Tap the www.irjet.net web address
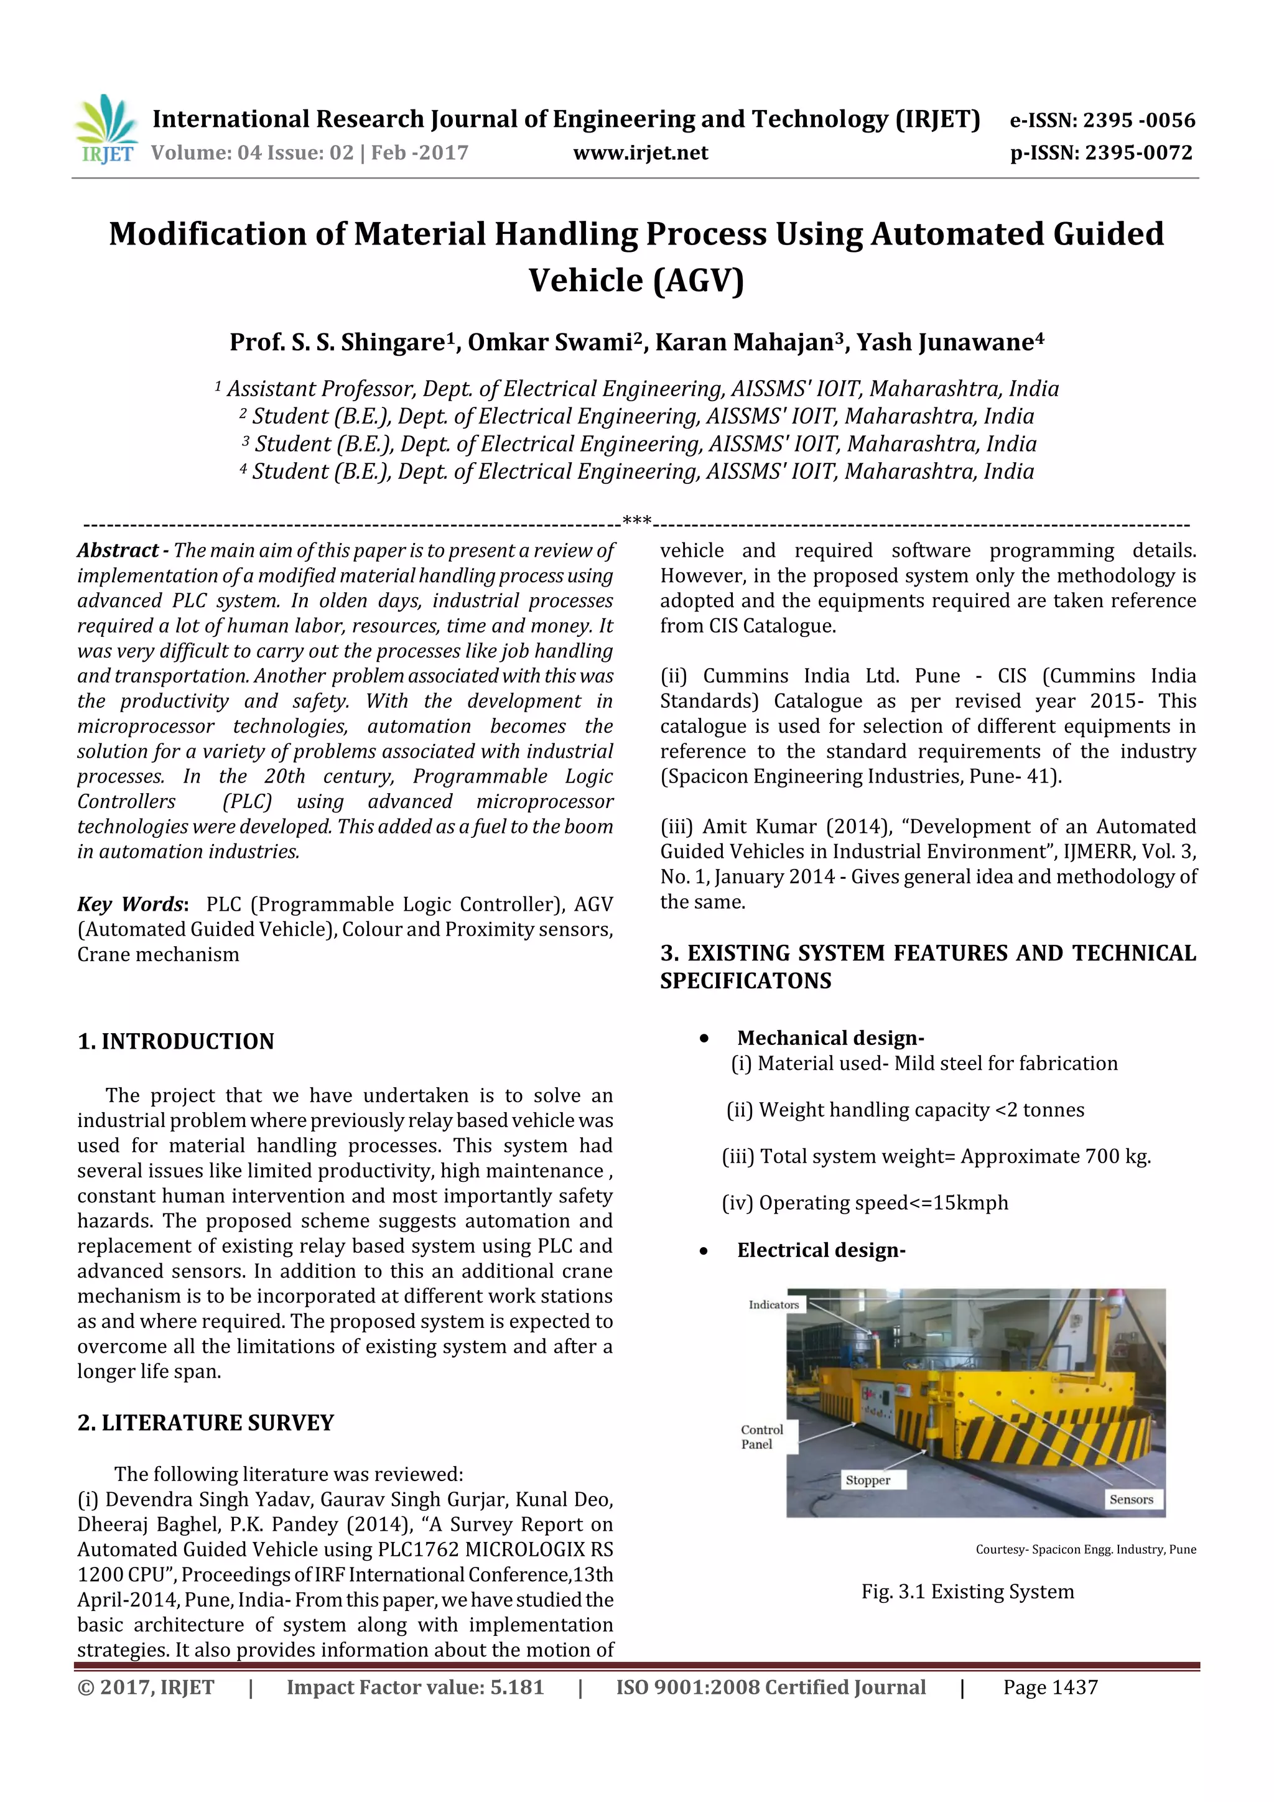point(641,152)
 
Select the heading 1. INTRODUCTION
point(176,1041)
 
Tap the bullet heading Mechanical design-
point(830,1038)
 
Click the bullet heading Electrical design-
point(821,1250)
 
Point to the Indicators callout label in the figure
point(773,1304)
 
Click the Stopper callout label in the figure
point(867,1480)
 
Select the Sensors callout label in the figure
point(1131,1499)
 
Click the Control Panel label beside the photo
point(761,1436)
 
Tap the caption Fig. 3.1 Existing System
point(967,1592)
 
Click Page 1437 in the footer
point(1049,1688)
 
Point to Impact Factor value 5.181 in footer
point(414,1688)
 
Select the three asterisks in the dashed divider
point(636,521)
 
